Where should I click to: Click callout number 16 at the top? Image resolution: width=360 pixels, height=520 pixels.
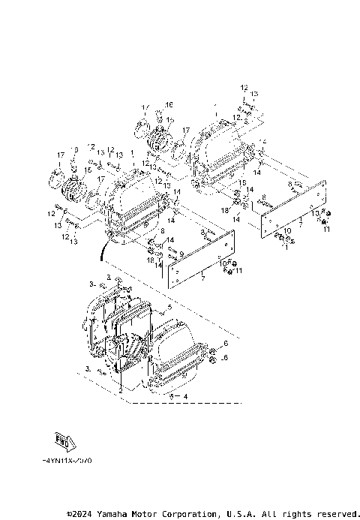(x=169, y=104)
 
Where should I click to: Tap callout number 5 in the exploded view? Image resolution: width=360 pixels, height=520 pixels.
(x=169, y=307)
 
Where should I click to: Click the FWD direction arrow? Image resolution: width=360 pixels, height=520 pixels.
(x=64, y=440)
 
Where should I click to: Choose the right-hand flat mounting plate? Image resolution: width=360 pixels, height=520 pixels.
(x=297, y=208)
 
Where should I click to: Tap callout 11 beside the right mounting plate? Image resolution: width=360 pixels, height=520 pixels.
(x=326, y=230)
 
